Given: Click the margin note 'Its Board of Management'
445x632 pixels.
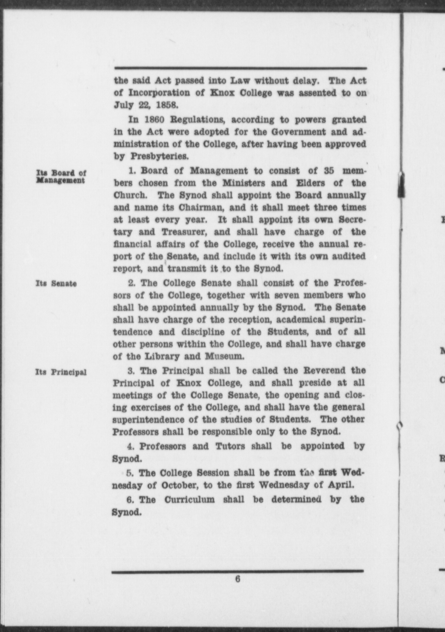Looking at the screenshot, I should tap(61, 177).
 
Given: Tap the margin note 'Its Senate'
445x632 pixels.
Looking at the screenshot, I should tap(56, 283).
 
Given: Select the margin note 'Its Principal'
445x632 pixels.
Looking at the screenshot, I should tap(61, 372).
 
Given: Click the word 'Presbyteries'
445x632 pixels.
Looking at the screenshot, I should tap(160, 156).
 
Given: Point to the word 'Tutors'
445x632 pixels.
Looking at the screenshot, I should tap(230, 446).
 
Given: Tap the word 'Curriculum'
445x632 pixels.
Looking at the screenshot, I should tap(189, 500).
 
